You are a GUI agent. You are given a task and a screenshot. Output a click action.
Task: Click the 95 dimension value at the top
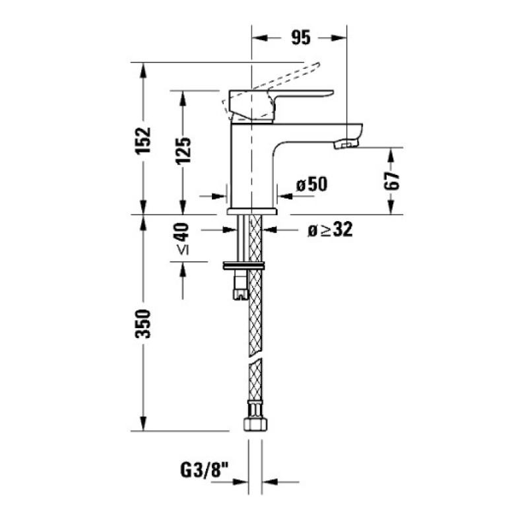[301, 38]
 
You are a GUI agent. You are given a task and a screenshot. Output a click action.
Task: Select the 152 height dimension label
[143, 141]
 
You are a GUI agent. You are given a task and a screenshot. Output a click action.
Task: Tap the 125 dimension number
[183, 151]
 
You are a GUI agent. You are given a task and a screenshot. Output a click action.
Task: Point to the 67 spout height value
[392, 181]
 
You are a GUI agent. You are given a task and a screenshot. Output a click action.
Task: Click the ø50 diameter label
[311, 184]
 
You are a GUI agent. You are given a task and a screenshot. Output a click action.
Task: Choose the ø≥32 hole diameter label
[330, 230]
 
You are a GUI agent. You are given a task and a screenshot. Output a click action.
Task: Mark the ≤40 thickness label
[182, 239]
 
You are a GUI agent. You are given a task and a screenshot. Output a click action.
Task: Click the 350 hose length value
[143, 323]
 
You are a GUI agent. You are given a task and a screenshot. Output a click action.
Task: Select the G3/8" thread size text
[205, 470]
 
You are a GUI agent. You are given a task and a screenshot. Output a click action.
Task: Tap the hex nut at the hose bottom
[255, 423]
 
